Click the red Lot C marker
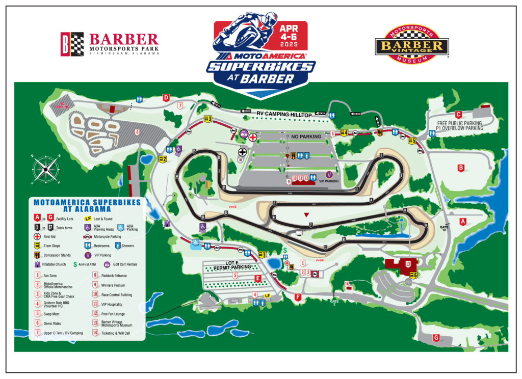pos(458,115)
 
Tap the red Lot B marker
pos(461,167)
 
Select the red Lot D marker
pos(166,97)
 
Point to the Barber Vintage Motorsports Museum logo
pos(411,45)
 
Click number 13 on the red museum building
pos(408,264)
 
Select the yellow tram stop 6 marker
pos(413,276)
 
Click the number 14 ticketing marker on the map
pos(347,284)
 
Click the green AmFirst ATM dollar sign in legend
pos(75,264)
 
